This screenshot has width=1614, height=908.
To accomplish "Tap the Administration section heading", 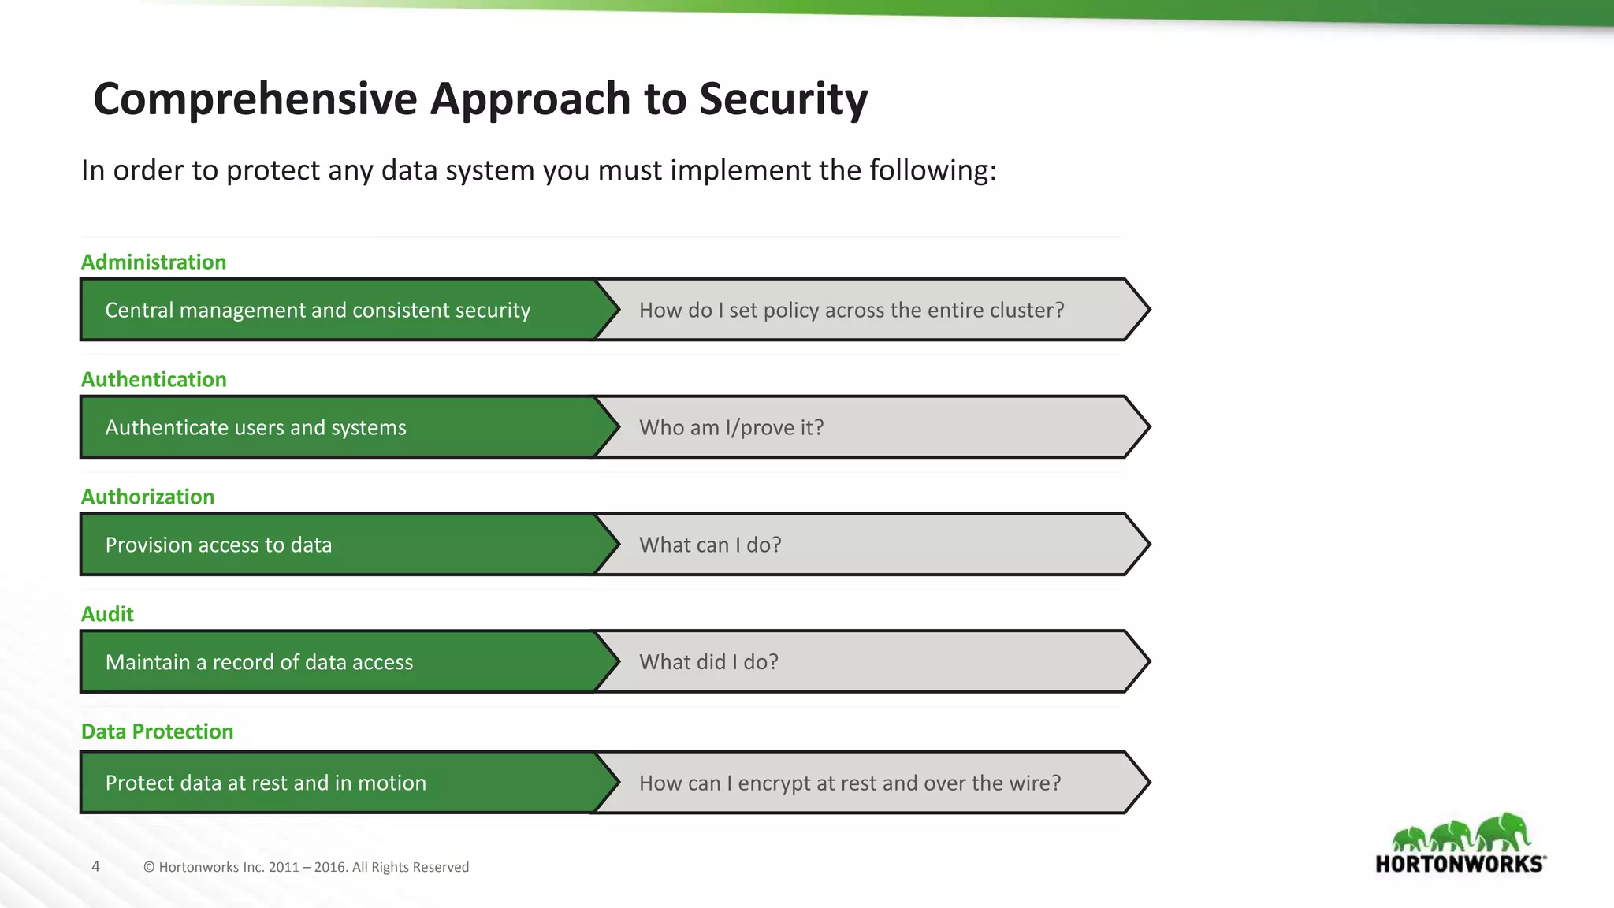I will pos(154,262).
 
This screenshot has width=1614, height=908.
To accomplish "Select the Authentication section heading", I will pos(154,379).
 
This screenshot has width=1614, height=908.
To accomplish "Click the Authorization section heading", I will pos(147,497).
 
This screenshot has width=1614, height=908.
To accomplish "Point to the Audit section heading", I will pos(107,614).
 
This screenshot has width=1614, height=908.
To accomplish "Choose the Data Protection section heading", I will pos(157,731).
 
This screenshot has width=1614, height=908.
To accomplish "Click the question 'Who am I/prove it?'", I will pos(731,427).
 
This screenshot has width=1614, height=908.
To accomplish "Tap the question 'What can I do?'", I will pos(710,545).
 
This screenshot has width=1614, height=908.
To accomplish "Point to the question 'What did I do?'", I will pos(708,662).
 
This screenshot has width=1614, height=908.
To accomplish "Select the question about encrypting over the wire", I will pos(850,783).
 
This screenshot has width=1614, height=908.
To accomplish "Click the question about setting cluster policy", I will pos(851,310).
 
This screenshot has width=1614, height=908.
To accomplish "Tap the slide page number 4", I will pos(96,866).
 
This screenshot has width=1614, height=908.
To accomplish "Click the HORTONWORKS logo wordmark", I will pos(1460,864).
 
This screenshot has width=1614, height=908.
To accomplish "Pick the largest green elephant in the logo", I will pos(1504,832).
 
